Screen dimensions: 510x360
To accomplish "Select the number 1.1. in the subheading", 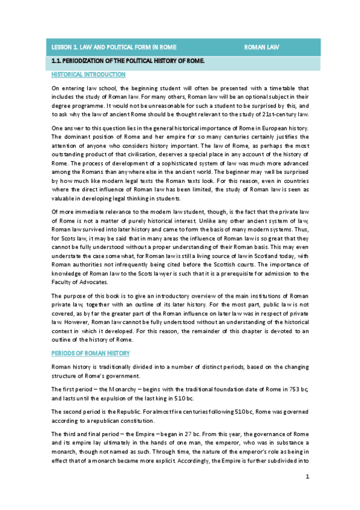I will (x=58, y=61).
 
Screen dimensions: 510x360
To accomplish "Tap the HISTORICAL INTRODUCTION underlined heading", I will (x=88, y=75).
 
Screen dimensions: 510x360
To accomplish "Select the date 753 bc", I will (x=281, y=390).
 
